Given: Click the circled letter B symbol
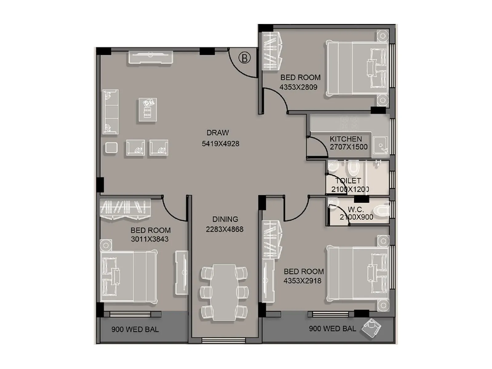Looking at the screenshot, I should pyautogui.click(x=245, y=58).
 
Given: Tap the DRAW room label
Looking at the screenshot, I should pyautogui.click(x=218, y=133).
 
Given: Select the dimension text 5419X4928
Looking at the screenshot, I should pyautogui.click(x=220, y=144).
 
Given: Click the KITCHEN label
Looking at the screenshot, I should pyautogui.click(x=346, y=139).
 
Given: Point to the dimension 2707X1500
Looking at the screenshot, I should pyautogui.click(x=349, y=147).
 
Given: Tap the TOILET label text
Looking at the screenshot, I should pyautogui.click(x=348, y=181).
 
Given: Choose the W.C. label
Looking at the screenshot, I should pyautogui.click(x=356, y=210).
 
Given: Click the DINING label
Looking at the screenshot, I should pyautogui.click(x=225, y=219).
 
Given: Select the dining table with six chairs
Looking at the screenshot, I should pyautogui.click(x=224, y=292).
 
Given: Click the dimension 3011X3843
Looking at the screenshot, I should pyautogui.click(x=150, y=239).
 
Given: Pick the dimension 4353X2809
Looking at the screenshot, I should pyautogui.click(x=298, y=87).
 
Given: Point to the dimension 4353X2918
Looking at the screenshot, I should pyautogui.click(x=302, y=281).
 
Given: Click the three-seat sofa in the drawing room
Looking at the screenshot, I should pyautogui.click(x=110, y=112).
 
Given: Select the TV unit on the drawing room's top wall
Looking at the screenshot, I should pyautogui.click(x=150, y=58).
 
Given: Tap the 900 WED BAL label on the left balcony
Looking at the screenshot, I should pyautogui.click(x=135, y=330).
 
